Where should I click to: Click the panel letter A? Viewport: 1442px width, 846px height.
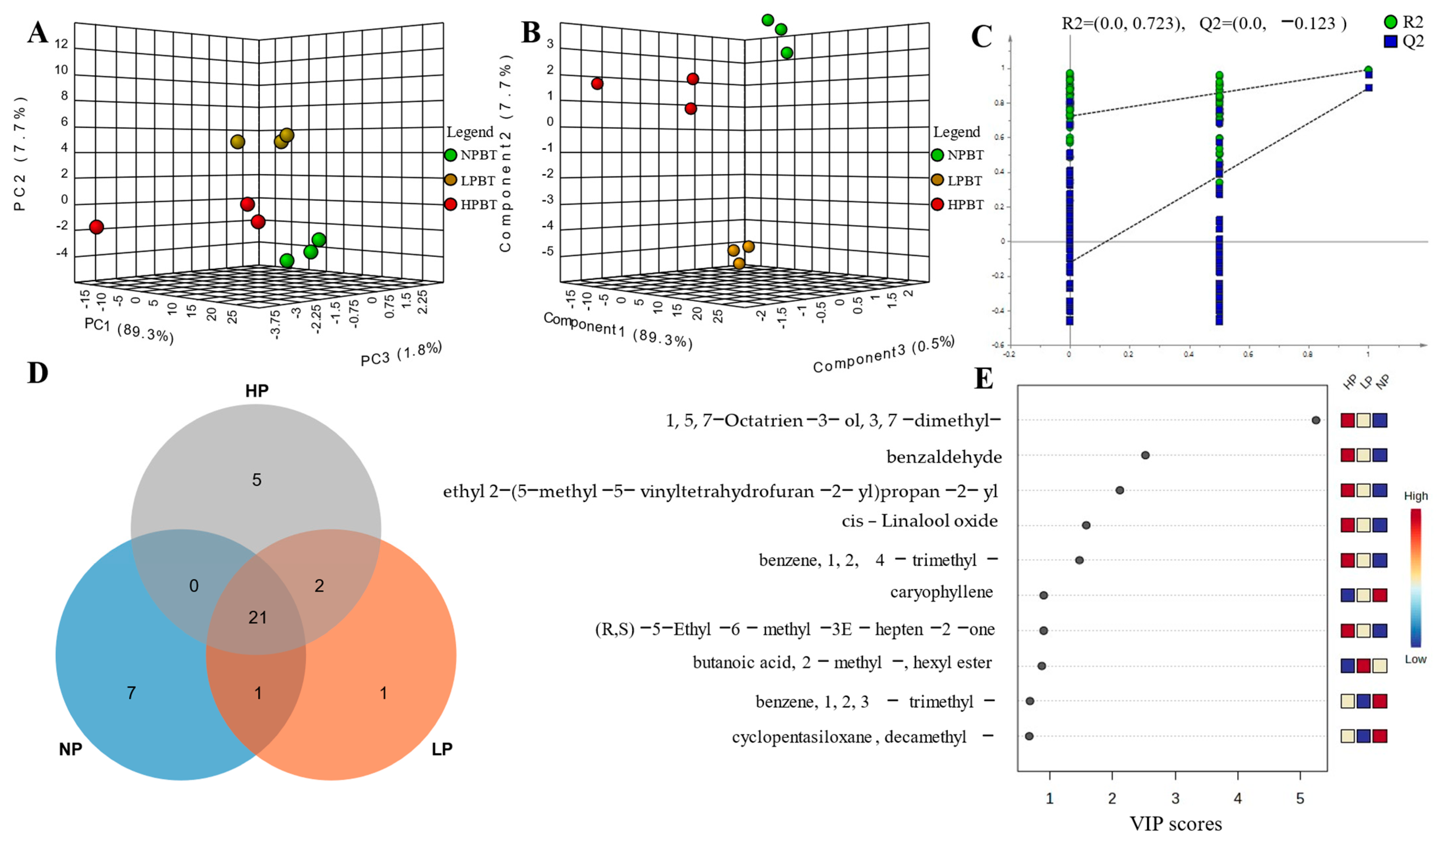(38, 33)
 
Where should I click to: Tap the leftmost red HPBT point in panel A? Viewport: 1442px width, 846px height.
(97, 227)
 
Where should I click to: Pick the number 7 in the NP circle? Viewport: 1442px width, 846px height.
(131, 693)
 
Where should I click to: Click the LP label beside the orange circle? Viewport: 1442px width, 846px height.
(442, 749)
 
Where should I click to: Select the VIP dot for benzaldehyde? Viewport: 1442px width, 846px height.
(1145, 455)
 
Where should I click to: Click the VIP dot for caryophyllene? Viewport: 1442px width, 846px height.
(1043, 595)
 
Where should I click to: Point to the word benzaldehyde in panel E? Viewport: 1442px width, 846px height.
(944, 457)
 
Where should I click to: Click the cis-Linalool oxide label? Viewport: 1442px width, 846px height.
(920, 521)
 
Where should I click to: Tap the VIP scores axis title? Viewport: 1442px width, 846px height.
(1176, 824)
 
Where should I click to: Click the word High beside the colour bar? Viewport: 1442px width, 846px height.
(1416, 496)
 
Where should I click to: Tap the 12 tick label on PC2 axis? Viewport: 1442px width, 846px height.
(61, 44)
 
